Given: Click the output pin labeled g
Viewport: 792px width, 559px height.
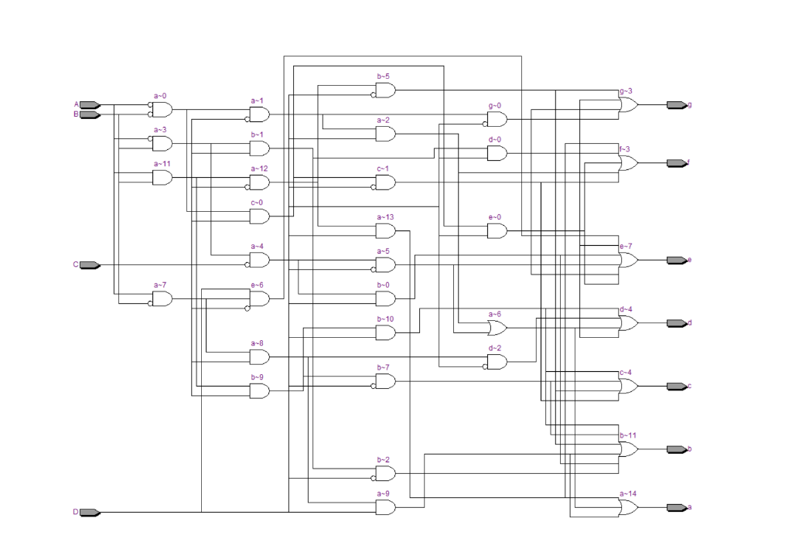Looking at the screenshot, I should pos(676,104).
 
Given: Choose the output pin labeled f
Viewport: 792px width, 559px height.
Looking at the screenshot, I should pos(676,163).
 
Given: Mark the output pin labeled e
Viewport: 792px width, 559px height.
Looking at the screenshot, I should pos(676,260).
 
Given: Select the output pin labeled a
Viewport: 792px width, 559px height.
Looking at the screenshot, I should pos(676,507).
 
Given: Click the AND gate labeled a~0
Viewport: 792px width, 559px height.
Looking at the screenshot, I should pos(162,110).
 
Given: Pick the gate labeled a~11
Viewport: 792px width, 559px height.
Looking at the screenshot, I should pos(162,178).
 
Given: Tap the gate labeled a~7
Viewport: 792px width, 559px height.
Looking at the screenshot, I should pos(162,298).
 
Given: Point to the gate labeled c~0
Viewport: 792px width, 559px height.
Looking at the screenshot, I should pos(259,216).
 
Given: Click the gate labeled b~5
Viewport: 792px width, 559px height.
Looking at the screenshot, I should pos(385,90).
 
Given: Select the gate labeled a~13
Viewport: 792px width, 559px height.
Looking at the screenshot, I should pos(385,231).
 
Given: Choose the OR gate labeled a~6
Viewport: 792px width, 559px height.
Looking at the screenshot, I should pos(496,328).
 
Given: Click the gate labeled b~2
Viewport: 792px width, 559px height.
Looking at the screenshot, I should pos(385,473).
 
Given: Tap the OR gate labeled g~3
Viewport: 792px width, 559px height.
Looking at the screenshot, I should pos(628,105).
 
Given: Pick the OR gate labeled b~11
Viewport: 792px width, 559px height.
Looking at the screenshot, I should pos(628,449).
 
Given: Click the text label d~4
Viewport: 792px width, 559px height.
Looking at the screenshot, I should pos(626,309).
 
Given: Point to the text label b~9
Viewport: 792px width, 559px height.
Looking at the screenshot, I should pos(257,377).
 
